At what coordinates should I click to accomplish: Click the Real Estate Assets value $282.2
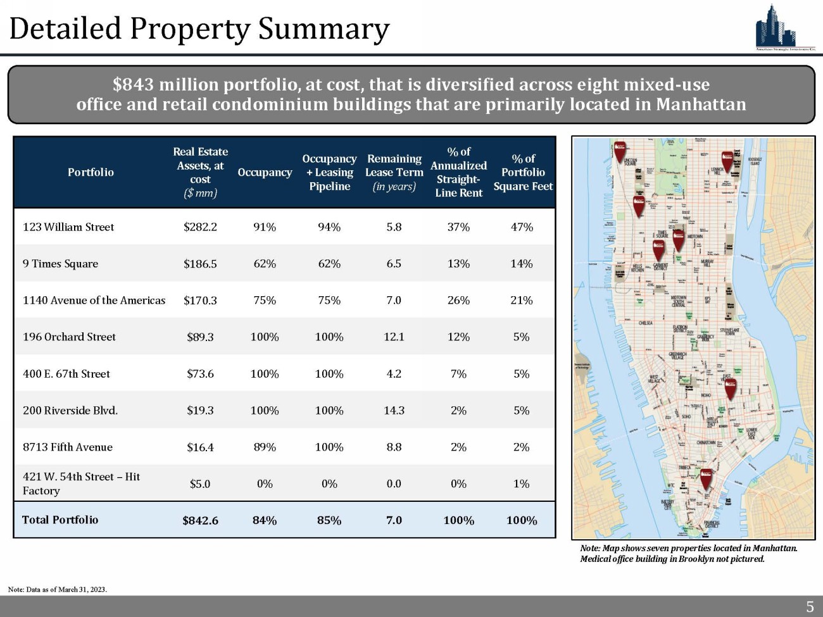click(x=200, y=227)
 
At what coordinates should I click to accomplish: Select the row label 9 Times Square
click(x=60, y=264)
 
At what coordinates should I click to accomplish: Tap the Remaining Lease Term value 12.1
click(x=394, y=337)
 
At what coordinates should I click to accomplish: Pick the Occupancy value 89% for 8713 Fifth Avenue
click(x=265, y=447)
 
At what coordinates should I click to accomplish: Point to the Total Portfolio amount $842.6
click(x=200, y=520)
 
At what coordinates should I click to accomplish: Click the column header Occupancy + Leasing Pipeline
click(x=329, y=172)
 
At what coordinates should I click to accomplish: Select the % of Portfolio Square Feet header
click(x=523, y=172)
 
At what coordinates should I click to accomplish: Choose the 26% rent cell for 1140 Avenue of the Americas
click(x=458, y=301)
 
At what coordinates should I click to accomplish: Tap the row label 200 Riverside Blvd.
click(x=70, y=411)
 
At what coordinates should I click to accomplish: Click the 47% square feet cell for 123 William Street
click(x=522, y=227)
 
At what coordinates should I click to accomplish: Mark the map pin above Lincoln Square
click(x=621, y=150)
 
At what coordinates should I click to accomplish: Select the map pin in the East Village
click(x=731, y=387)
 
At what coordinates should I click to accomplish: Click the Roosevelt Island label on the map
click(x=755, y=161)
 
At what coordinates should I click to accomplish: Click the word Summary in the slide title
click(x=324, y=29)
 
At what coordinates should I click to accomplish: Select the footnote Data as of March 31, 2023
click(x=58, y=590)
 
